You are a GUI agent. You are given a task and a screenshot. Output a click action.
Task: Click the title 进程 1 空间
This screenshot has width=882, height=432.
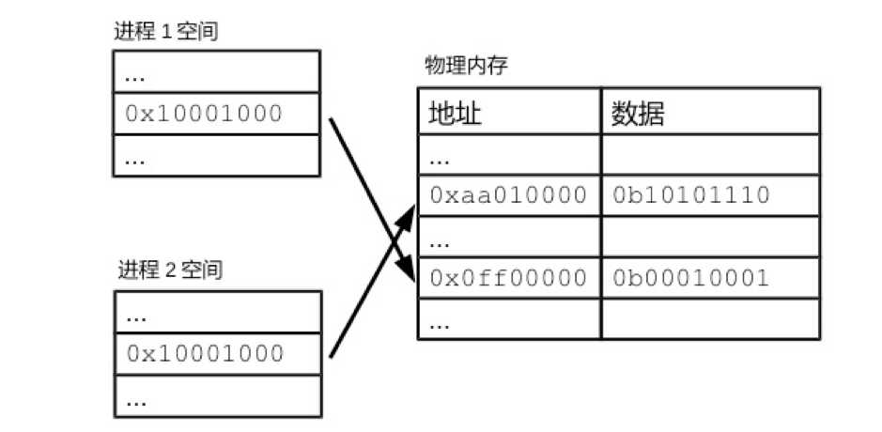coord(166,32)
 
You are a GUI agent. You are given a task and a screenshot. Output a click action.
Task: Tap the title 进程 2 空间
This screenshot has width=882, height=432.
coord(170,270)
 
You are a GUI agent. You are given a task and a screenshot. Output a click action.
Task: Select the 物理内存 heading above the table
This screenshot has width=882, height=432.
coord(466,67)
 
